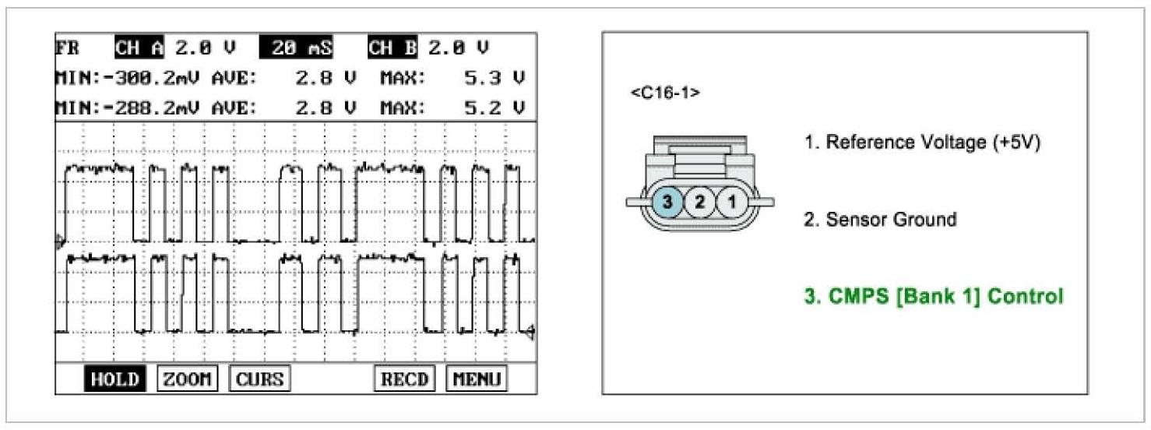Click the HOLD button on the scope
coord(114,379)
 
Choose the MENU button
coord(476,379)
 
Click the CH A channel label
coord(139,48)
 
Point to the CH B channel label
coord(392,48)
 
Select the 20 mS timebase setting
coord(296,48)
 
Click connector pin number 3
coord(667,203)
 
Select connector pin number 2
coord(699,203)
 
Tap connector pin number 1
coord(730,203)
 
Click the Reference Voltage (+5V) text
coord(922,143)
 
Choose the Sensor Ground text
coord(879,220)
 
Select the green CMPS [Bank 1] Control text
coord(933,297)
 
